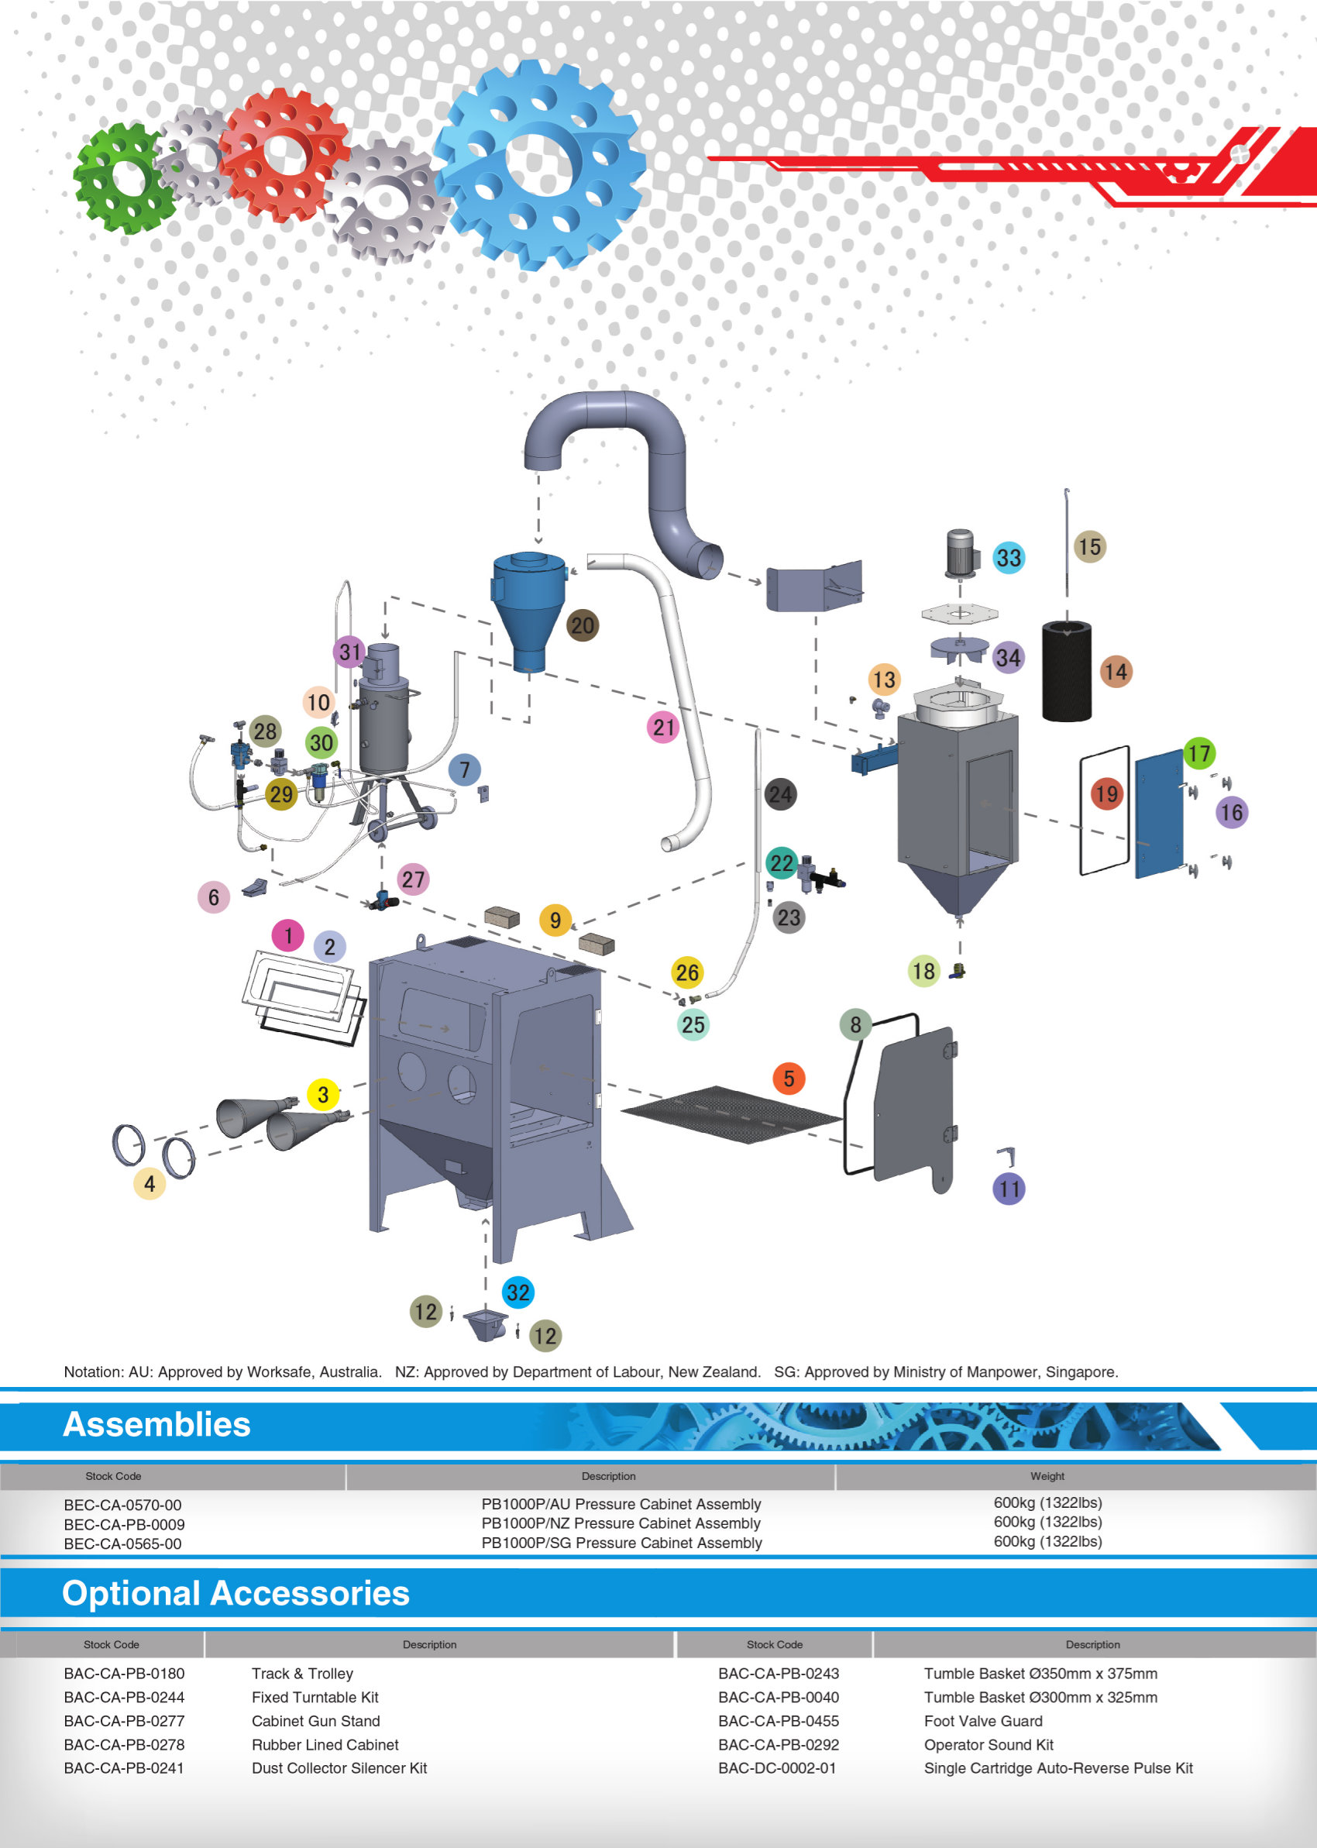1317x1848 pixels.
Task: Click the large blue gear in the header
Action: (x=539, y=163)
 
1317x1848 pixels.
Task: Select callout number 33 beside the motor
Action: (x=1008, y=558)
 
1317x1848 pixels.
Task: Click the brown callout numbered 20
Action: (x=583, y=625)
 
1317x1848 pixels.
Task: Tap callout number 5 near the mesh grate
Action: (x=788, y=1079)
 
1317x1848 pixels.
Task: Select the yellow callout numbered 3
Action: (x=323, y=1095)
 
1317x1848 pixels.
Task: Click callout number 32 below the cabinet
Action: (x=518, y=1292)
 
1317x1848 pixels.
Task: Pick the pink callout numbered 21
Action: (x=663, y=728)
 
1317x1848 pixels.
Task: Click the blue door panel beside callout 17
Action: (x=1159, y=814)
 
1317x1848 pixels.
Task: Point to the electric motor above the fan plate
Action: (x=959, y=553)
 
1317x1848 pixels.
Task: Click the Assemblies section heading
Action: (x=156, y=1425)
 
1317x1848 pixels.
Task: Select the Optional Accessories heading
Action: (x=236, y=1593)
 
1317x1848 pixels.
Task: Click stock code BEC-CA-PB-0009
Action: (x=124, y=1524)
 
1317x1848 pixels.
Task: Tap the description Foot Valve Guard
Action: (x=983, y=1721)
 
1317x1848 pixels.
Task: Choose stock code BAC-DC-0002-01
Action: (x=777, y=1767)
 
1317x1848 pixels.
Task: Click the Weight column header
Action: (x=1047, y=1476)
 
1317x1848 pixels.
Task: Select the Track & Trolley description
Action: (x=302, y=1674)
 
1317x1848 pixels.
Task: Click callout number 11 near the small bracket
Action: (x=1009, y=1189)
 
